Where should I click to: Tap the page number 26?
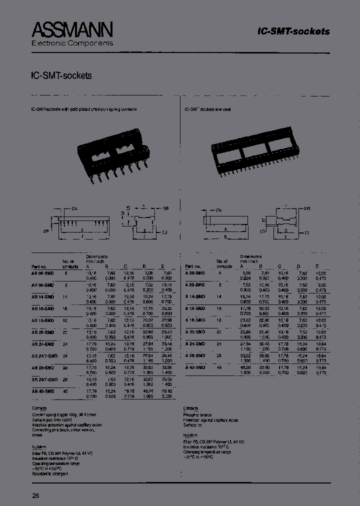(35, 496)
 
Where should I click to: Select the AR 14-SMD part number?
(42, 296)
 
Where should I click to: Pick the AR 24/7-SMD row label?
(44, 355)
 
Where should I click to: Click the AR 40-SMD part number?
(42, 391)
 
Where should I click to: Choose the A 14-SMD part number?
(194, 296)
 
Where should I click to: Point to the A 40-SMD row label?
(194, 367)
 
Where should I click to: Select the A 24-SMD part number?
(194, 343)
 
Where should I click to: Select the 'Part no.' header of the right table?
(192, 266)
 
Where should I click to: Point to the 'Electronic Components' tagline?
(72, 43)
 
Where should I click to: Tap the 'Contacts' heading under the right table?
(191, 408)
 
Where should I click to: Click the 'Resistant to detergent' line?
(49, 473)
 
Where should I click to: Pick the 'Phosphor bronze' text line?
(197, 415)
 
